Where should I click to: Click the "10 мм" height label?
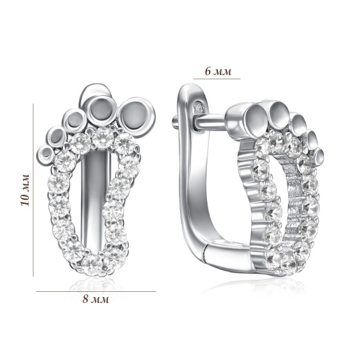pos(25,190)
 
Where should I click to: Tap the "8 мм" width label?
pos(96,299)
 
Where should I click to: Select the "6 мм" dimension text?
pos(218,71)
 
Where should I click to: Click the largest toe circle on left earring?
pos(136,117)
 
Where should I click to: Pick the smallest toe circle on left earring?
pos(46,154)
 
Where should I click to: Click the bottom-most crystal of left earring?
pos(93,265)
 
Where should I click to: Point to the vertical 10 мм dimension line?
pos(33,190)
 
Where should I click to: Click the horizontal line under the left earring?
pos(96,292)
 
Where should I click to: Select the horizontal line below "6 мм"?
pos(217,78)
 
